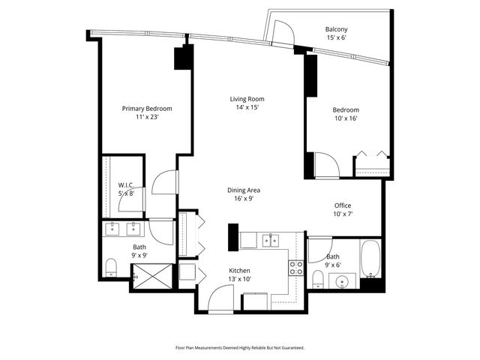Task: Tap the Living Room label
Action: click(247, 99)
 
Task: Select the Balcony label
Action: click(336, 30)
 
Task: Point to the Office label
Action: click(343, 205)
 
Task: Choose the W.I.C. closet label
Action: click(126, 184)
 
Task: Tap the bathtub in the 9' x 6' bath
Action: click(370, 259)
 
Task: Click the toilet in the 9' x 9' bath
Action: click(111, 267)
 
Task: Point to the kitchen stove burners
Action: click(296, 267)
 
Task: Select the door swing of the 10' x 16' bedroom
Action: click(325, 165)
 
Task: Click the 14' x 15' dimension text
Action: click(247, 107)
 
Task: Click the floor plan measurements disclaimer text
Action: click(240, 347)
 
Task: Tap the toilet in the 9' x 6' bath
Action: click(318, 280)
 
